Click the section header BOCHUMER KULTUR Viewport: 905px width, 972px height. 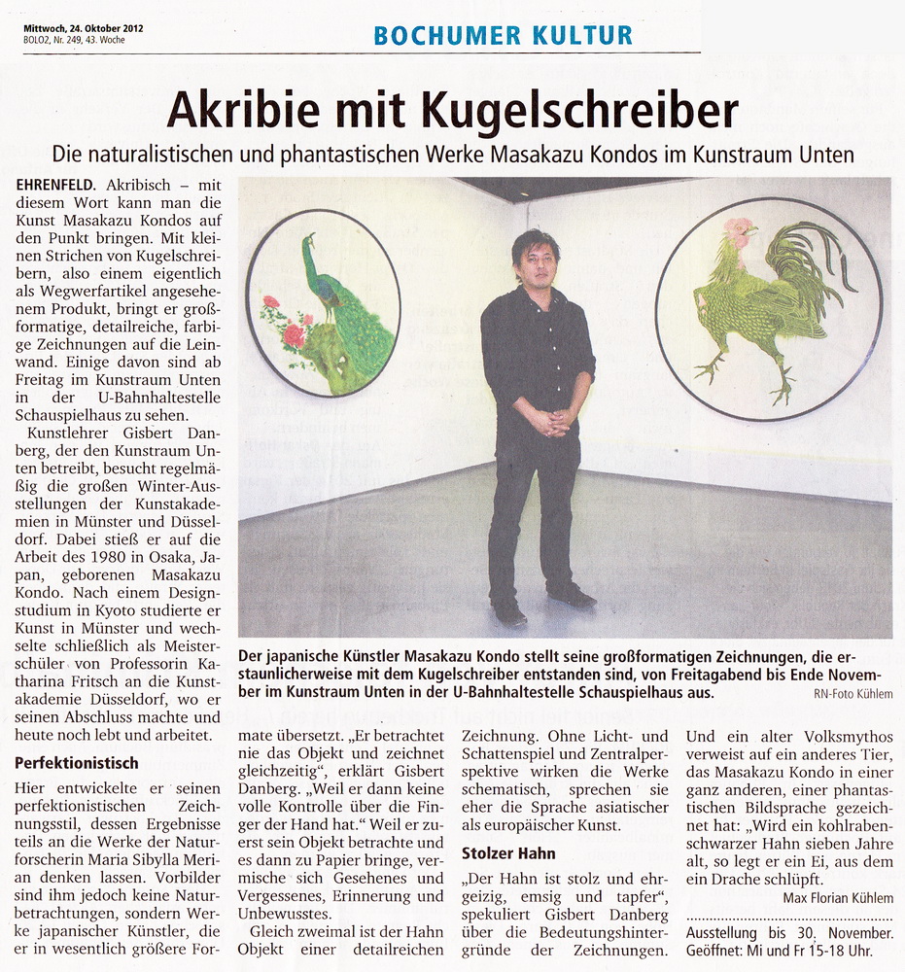pos(503,36)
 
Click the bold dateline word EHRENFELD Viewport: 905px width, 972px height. pos(55,184)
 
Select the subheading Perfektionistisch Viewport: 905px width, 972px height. pos(77,763)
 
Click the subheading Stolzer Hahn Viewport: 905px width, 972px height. pos(508,853)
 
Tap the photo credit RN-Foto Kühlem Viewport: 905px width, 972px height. pos(853,694)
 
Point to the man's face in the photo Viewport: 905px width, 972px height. pos(538,260)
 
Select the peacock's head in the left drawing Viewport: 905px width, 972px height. pos(309,239)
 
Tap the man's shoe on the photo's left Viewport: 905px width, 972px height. pos(509,611)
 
